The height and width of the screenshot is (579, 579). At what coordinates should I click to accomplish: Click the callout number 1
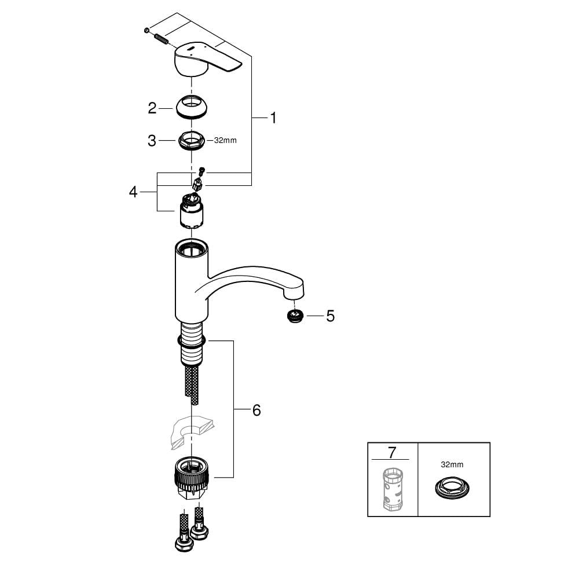point(273,118)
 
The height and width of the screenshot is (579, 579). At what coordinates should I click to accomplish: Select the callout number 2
point(152,108)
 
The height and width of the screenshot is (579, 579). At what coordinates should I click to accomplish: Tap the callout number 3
point(152,141)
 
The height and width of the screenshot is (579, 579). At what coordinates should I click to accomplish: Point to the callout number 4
point(133,192)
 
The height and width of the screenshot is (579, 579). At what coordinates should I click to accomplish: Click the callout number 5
point(330,316)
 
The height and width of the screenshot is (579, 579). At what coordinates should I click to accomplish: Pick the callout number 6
point(256,411)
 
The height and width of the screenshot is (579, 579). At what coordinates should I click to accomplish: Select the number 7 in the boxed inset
point(392,452)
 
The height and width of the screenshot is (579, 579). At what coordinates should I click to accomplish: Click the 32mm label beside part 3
point(225,140)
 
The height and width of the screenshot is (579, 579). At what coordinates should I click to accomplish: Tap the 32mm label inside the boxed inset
point(452,464)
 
